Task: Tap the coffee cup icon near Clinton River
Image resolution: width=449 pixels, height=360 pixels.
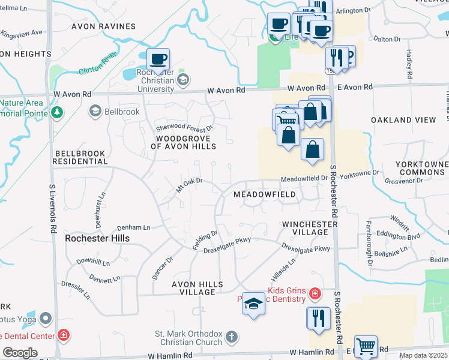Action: (158, 59)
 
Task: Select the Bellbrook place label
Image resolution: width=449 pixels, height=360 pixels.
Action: (122, 112)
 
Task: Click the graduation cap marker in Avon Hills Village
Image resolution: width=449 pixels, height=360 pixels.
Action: (253, 305)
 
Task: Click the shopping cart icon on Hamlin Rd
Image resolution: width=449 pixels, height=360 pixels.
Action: (366, 347)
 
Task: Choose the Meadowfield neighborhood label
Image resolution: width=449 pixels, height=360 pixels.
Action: (264, 195)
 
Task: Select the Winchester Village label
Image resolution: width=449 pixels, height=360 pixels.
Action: (310, 228)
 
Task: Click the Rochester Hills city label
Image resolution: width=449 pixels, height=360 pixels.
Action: (97, 238)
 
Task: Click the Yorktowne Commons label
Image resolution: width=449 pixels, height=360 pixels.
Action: (422, 168)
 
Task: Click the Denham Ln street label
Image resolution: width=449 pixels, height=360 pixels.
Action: (134, 228)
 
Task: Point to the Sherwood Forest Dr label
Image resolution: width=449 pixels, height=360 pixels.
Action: (185, 128)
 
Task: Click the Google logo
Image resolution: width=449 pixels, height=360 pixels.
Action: (20, 353)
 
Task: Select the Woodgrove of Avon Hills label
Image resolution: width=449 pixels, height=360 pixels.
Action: (182, 142)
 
